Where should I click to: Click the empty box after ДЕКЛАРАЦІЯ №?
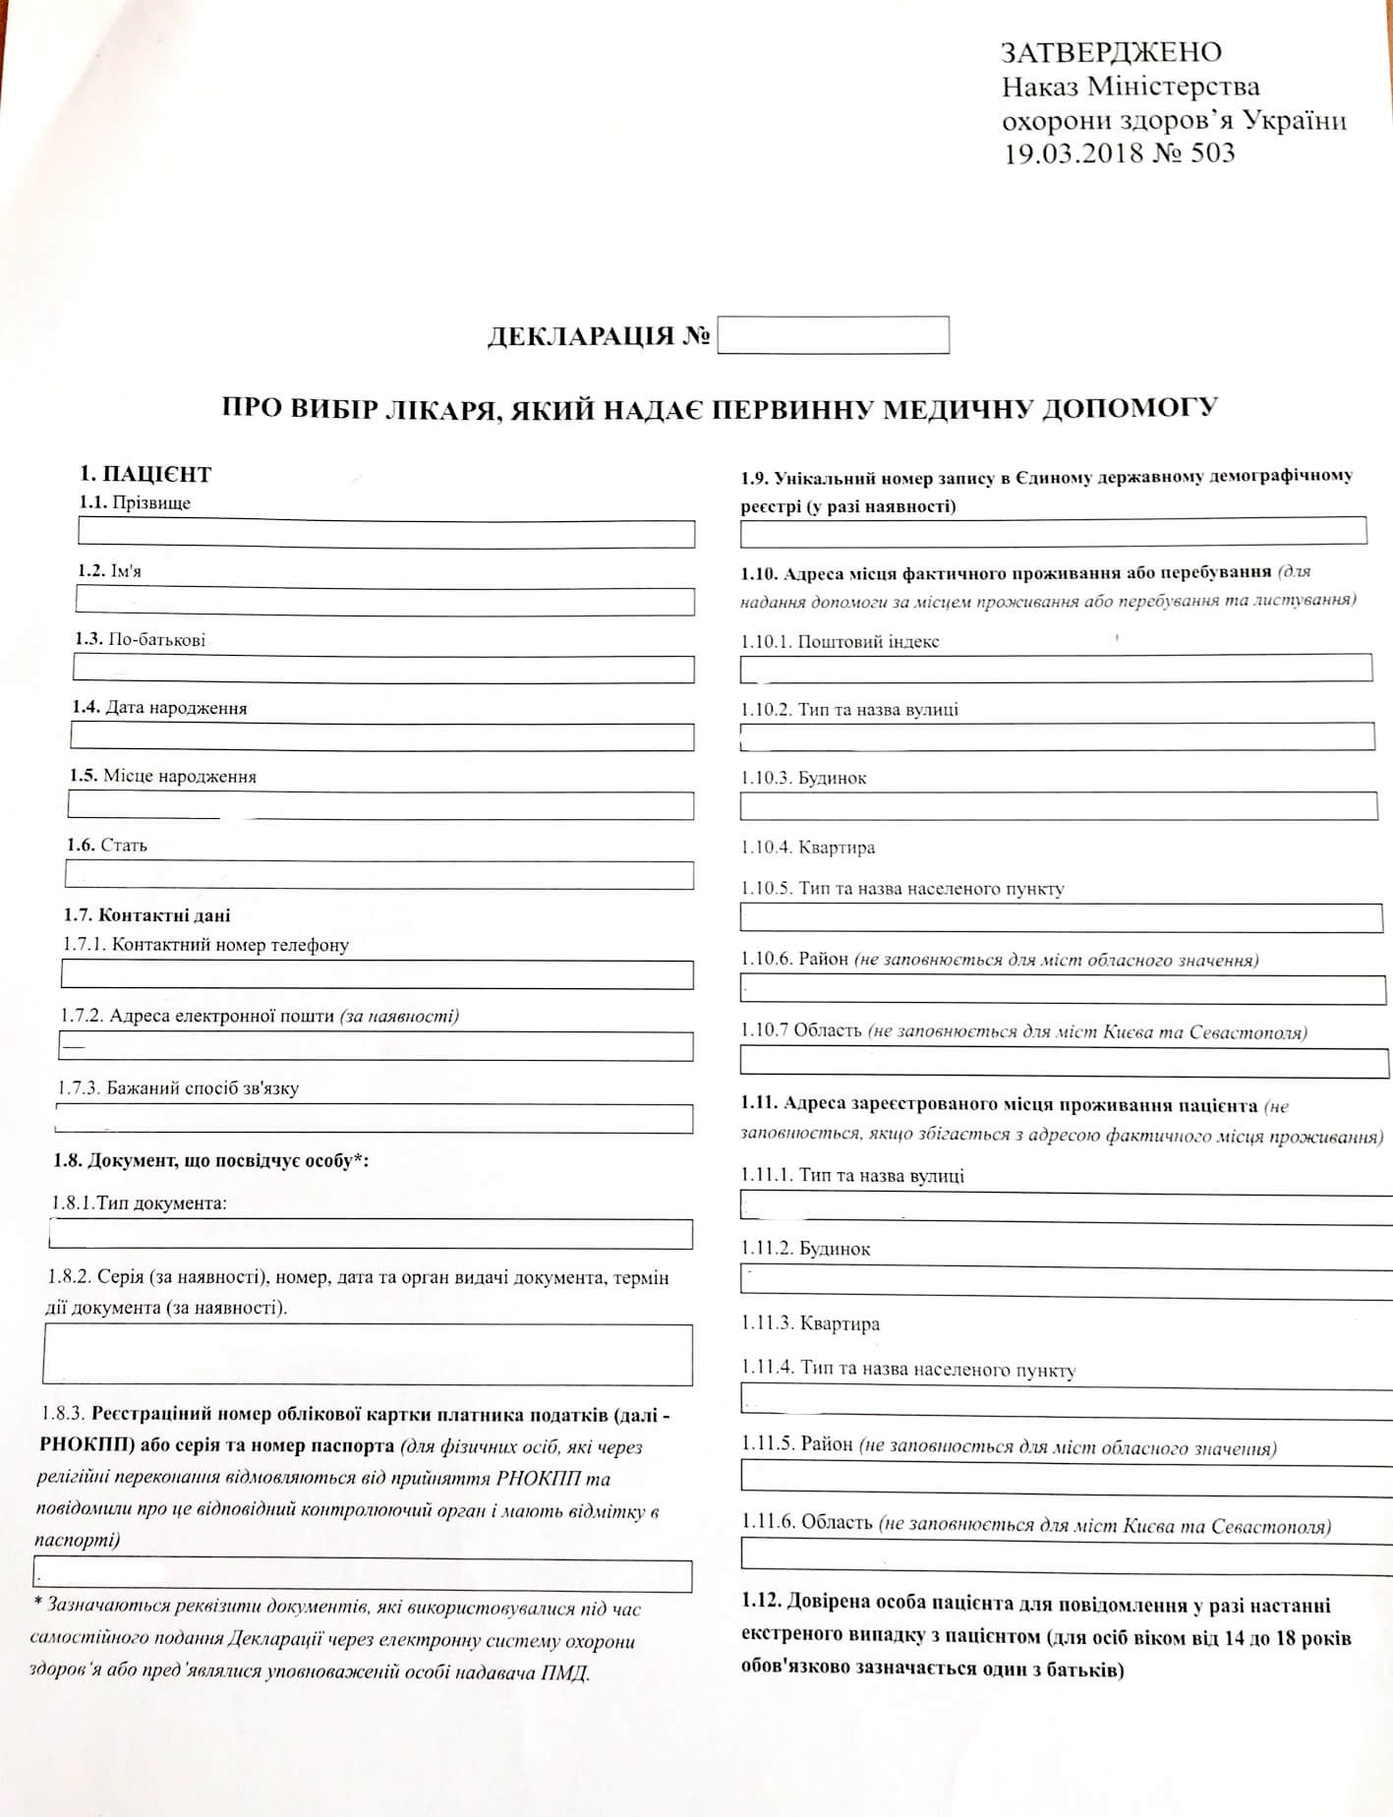pyautogui.click(x=833, y=335)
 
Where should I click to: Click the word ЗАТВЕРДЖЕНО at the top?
pyautogui.click(x=1111, y=52)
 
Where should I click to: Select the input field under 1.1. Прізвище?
pyautogui.click(x=385, y=534)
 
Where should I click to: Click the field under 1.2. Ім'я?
pyautogui.click(x=384, y=601)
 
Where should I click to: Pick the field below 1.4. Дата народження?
pyautogui.click(x=381, y=737)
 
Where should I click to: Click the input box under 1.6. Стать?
pyautogui.click(x=378, y=875)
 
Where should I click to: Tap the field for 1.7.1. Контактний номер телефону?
pyautogui.click(x=377, y=975)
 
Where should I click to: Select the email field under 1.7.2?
pyautogui.click(x=376, y=1047)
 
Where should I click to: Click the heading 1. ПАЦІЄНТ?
pyautogui.click(x=145, y=475)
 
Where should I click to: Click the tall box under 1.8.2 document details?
pyautogui.click(x=368, y=1355)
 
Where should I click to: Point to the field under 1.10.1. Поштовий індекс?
pyautogui.click(x=1056, y=669)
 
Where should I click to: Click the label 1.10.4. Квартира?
pyautogui.click(x=808, y=848)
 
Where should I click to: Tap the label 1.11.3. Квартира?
pyautogui.click(x=811, y=1323)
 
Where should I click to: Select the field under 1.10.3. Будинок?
pyautogui.click(x=1058, y=806)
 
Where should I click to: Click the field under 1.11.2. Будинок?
pyautogui.click(x=1066, y=1279)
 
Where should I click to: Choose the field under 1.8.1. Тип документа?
pyautogui.click(x=371, y=1234)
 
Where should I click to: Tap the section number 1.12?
pyautogui.click(x=762, y=1604)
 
